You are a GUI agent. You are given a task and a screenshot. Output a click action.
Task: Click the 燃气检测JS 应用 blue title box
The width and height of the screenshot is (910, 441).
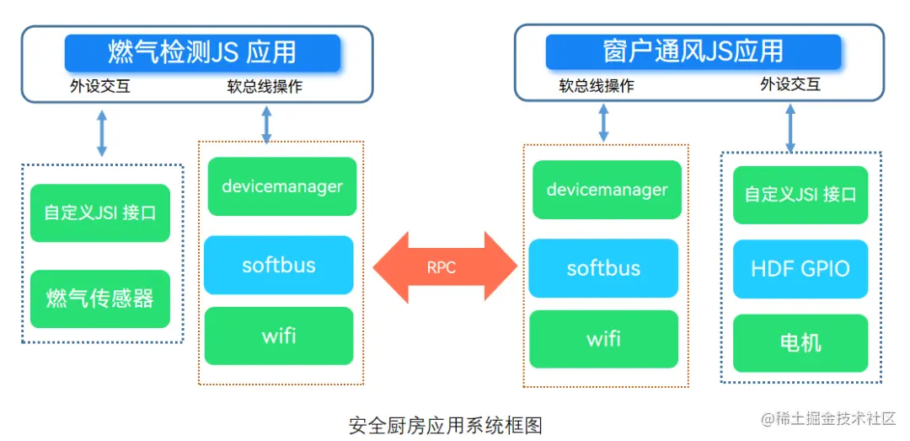(x=202, y=52)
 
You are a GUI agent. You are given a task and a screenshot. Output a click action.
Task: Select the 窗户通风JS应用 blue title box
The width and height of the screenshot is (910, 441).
(x=693, y=51)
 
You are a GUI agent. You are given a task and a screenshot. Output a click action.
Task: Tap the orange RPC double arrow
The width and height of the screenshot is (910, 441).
(x=443, y=266)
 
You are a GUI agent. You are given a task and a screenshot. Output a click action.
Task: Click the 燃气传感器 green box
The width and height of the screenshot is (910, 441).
(x=100, y=298)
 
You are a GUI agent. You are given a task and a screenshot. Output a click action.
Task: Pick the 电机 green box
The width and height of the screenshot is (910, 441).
(x=800, y=343)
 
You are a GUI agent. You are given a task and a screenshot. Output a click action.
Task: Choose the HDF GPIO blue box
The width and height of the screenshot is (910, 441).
(x=800, y=269)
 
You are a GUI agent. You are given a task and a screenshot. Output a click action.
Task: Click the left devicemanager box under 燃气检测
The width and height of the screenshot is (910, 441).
(x=281, y=186)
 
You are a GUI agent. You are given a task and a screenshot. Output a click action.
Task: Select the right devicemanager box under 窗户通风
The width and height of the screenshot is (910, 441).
(x=607, y=190)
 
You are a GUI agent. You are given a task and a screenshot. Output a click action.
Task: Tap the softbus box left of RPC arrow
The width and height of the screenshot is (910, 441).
(x=278, y=265)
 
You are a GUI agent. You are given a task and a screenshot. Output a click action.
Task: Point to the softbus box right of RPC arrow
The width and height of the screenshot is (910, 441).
(x=603, y=268)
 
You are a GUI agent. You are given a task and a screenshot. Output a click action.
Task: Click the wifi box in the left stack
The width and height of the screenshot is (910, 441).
(x=278, y=336)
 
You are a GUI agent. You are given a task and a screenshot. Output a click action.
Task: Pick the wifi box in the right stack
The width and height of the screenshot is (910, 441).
(x=603, y=339)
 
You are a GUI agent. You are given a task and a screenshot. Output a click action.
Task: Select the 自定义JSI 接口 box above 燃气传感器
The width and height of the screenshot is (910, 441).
(x=100, y=212)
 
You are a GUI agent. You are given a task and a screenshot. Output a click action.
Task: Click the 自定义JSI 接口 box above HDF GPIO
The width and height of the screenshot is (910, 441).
(x=800, y=195)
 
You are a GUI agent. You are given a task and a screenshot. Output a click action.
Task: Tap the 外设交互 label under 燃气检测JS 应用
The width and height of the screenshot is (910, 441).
(x=100, y=86)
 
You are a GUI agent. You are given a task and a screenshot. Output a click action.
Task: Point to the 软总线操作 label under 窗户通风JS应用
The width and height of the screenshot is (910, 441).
(x=597, y=86)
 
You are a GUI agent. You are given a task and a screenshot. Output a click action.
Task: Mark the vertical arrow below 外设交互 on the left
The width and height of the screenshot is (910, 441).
(x=102, y=133)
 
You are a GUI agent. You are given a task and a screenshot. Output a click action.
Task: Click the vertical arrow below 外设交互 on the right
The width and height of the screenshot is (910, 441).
(x=790, y=127)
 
